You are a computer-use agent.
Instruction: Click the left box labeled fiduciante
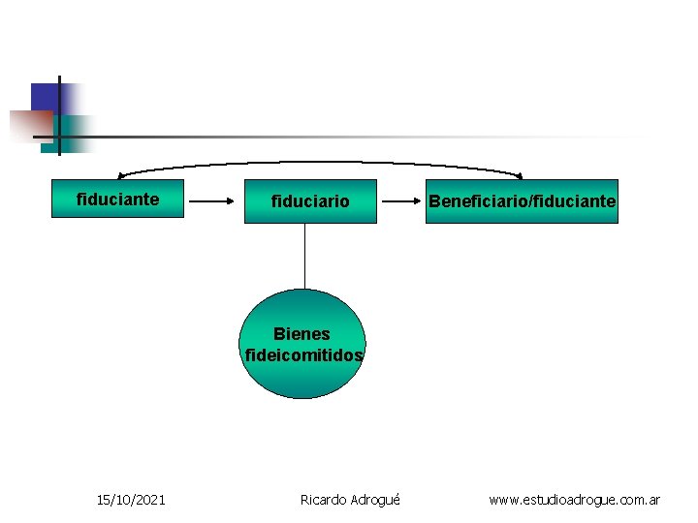pyautogui.click(x=117, y=200)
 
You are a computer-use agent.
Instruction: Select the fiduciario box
pyautogui.click(x=310, y=202)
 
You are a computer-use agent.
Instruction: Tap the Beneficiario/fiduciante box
pyautogui.click(x=522, y=201)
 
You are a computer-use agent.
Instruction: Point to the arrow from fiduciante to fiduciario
pyautogui.click(x=215, y=202)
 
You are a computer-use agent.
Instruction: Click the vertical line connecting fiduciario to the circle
pyautogui.click(x=305, y=257)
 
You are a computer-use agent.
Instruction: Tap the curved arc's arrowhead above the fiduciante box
pyautogui.click(x=120, y=175)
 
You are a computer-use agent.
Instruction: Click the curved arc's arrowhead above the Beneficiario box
pyautogui.click(x=520, y=176)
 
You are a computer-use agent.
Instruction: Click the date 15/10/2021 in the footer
pyautogui.click(x=131, y=500)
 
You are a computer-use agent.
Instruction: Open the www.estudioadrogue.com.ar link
pyautogui.click(x=574, y=500)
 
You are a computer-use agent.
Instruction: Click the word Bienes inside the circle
pyautogui.click(x=301, y=334)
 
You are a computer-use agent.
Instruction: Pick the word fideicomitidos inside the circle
pyautogui.click(x=304, y=355)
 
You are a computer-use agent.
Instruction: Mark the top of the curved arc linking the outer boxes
pyautogui.click(x=320, y=162)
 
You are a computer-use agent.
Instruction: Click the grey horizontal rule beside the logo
pyautogui.click(x=368, y=138)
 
